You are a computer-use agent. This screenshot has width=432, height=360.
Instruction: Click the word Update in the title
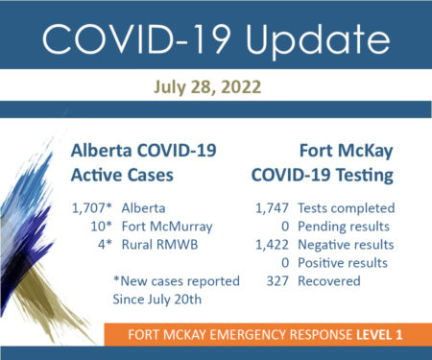click(x=318, y=40)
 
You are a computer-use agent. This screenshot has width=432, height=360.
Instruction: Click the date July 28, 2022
click(x=207, y=87)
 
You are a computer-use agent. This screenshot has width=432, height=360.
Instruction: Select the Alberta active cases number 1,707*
click(x=92, y=208)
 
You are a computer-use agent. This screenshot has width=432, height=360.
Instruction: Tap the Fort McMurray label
click(x=167, y=227)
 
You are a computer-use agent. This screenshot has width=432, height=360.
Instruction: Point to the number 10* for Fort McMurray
click(x=102, y=227)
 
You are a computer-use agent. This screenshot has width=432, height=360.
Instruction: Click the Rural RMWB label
click(x=160, y=245)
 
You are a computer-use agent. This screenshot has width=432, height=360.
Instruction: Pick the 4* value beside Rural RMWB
click(x=106, y=245)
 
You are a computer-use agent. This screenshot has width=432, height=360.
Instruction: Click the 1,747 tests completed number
click(x=272, y=208)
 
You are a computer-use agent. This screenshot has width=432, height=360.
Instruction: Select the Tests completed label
click(x=347, y=208)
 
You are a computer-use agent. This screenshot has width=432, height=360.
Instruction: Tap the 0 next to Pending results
click(x=285, y=227)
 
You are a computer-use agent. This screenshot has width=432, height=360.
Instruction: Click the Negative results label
click(x=346, y=245)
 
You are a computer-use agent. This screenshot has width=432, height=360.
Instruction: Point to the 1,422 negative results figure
click(x=272, y=245)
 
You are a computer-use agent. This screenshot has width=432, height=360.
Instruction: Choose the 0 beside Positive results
click(x=285, y=263)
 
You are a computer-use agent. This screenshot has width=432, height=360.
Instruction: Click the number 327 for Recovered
click(x=277, y=281)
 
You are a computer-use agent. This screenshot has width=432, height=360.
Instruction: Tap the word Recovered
click(x=329, y=281)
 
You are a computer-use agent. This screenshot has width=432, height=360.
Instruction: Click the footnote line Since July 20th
click(x=157, y=300)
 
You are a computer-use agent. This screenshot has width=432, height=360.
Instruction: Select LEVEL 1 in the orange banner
click(x=379, y=335)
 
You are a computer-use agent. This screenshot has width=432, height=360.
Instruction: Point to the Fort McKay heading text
click(x=347, y=152)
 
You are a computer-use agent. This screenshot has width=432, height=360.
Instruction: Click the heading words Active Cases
click(x=122, y=176)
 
